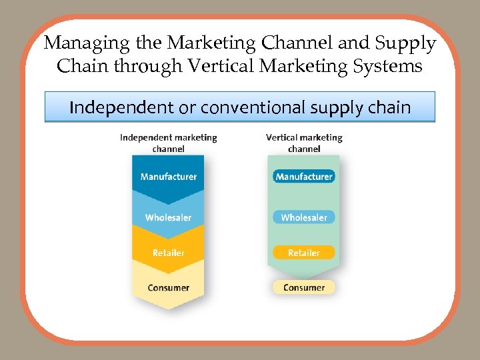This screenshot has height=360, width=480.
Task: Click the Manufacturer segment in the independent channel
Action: point(169,177)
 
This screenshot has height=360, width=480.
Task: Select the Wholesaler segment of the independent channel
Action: point(169,217)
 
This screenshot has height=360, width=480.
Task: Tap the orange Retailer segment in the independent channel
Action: point(169,253)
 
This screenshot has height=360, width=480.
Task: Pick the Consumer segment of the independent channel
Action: point(169,288)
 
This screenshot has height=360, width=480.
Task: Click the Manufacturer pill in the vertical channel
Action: point(304,177)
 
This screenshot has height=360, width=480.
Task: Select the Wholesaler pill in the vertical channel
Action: point(304,217)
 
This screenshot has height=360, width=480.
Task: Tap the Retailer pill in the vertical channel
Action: point(304,253)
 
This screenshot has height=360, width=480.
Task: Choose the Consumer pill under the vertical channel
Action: point(304,287)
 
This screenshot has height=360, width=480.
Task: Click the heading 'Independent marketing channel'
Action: point(169,143)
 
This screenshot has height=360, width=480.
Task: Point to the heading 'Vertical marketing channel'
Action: point(304,143)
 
